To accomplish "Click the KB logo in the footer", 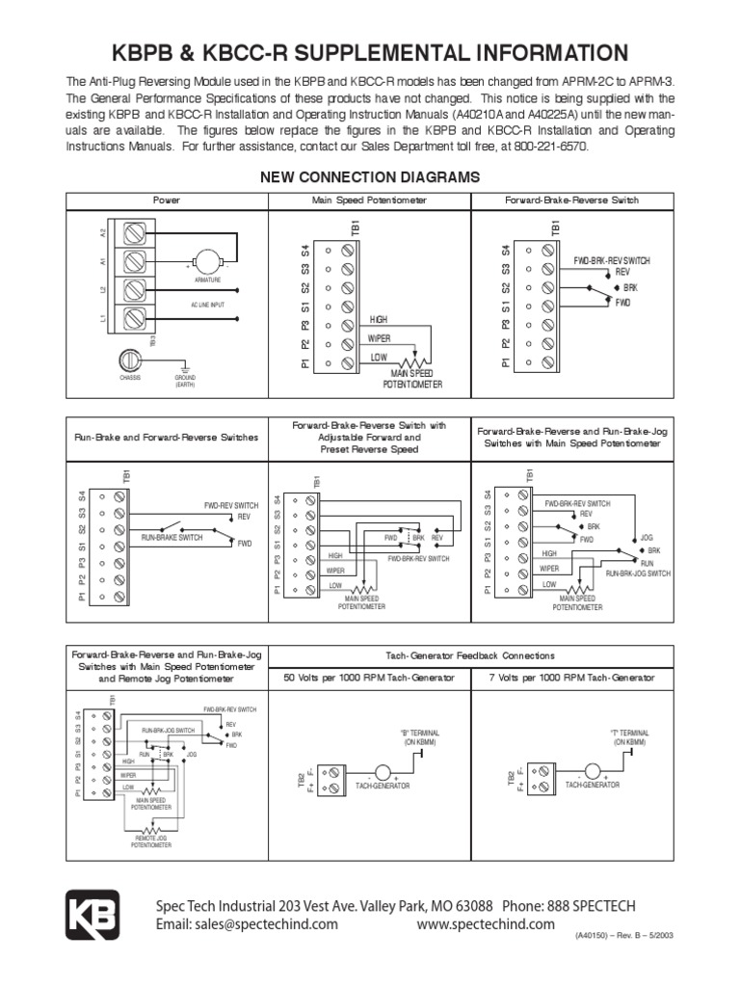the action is click(x=92, y=914).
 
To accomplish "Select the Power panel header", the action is click(x=167, y=200).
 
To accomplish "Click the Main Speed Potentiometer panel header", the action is click(x=369, y=200).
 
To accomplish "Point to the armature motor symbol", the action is click(x=205, y=261).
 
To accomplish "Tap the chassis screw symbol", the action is click(x=131, y=360).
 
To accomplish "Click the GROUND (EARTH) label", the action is click(x=185, y=381).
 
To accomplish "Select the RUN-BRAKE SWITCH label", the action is click(x=172, y=537).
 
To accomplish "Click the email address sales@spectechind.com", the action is click(x=248, y=924).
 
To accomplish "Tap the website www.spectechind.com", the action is click(x=486, y=924).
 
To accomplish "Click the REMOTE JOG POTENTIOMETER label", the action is click(x=152, y=841).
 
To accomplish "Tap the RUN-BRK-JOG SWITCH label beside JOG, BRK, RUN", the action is click(x=638, y=573).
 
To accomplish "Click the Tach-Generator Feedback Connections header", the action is click(x=469, y=655).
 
